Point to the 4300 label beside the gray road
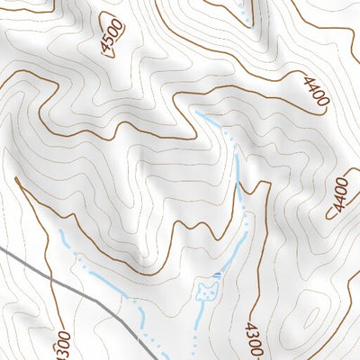tap(61, 344)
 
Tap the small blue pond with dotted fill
tap(208, 291)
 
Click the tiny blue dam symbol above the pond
tap(217, 272)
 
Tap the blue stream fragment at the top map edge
tap(245, 9)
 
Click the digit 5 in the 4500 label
tap(108, 44)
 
